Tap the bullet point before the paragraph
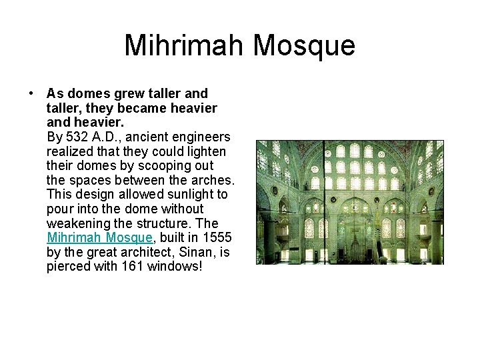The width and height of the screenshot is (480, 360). point(31,94)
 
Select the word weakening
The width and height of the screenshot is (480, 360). point(77,223)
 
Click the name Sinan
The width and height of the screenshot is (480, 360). point(201,252)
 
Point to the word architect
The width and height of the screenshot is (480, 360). point(149,252)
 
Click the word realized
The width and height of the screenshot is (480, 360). point(69,151)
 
